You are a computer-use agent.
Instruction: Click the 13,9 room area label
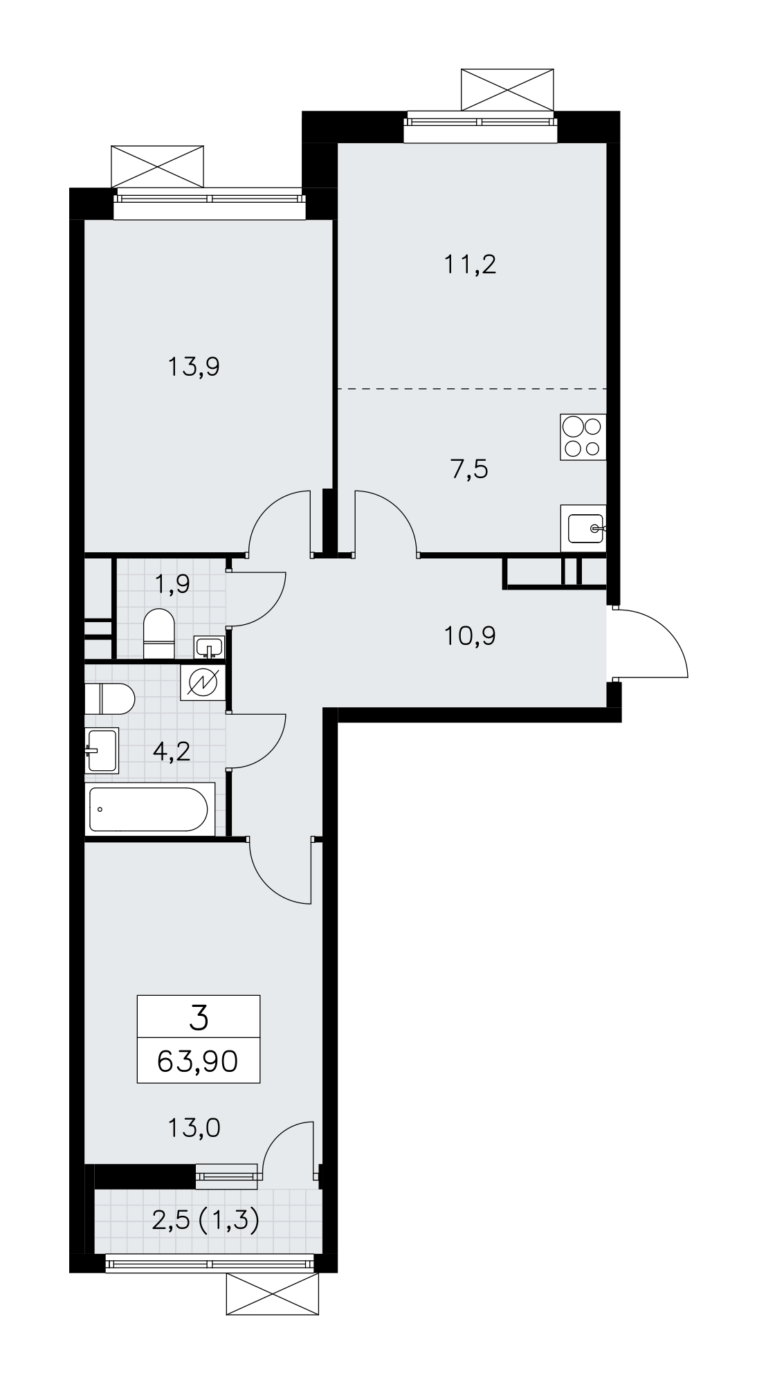(x=194, y=367)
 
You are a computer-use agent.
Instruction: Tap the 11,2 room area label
(x=470, y=264)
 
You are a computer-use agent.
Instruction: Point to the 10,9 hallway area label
(x=470, y=635)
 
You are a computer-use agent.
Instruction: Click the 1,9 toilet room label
(x=172, y=584)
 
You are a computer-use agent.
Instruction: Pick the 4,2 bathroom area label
(x=171, y=752)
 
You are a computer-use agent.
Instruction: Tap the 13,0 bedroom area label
(x=194, y=1129)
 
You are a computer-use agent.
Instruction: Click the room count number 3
(x=199, y=1019)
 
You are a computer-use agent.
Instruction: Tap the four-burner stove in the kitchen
(x=583, y=437)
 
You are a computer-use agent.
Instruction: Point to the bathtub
(x=149, y=810)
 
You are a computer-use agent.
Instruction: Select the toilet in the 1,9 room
(x=158, y=634)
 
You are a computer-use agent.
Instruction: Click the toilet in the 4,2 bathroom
(x=109, y=699)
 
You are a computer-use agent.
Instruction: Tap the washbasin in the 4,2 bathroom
(x=102, y=749)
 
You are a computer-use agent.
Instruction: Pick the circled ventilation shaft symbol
(x=203, y=683)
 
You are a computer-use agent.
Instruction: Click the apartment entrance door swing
(x=650, y=643)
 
